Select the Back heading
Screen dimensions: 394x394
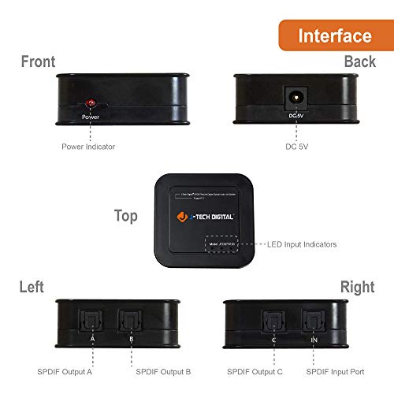(x=359, y=61)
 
